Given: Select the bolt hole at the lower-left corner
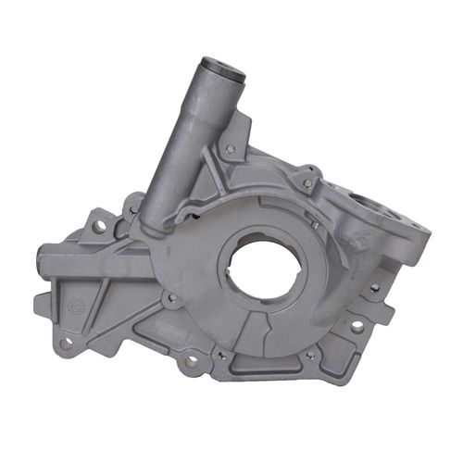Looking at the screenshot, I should [x=65, y=342].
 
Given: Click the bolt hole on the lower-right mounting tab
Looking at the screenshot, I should [x=356, y=327].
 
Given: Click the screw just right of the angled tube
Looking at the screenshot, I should [x=229, y=148].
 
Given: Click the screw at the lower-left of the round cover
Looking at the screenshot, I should [x=171, y=297].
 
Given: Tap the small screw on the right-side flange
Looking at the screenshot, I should [x=373, y=288].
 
